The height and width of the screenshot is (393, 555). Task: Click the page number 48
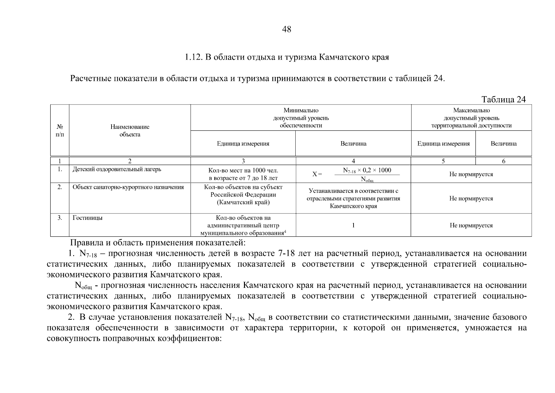click(x=286, y=29)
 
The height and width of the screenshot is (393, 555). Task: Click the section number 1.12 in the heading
click(x=193, y=57)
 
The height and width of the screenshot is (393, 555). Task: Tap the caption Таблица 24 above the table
click(x=503, y=100)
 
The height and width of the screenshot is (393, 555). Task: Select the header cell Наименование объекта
click(x=130, y=130)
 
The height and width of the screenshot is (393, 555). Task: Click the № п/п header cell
click(x=60, y=130)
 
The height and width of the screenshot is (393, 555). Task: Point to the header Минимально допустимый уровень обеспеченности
click(x=301, y=118)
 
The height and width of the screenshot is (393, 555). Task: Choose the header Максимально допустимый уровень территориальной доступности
click(x=471, y=118)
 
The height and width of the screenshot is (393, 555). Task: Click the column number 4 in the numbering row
click(x=353, y=161)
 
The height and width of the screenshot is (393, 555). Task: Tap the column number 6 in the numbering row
click(x=503, y=161)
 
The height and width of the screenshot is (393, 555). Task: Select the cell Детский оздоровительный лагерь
click(x=117, y=169)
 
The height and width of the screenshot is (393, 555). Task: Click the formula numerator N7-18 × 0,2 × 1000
click(x=367, y=170)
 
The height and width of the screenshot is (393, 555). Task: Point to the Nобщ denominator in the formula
click(x=367, y=179)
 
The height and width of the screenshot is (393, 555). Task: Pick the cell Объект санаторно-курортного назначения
click(x=128, y=187)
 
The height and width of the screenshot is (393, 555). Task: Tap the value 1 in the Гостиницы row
click(x=353, y=225)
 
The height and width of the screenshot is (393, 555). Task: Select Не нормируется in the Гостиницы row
click(x=471, y=225)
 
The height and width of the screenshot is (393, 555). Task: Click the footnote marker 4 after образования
click(x=285, y=232)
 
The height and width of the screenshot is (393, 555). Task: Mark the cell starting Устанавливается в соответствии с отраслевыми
click(x=353, y=198)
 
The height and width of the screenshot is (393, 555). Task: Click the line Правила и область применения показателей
click(x=158, y=243)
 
